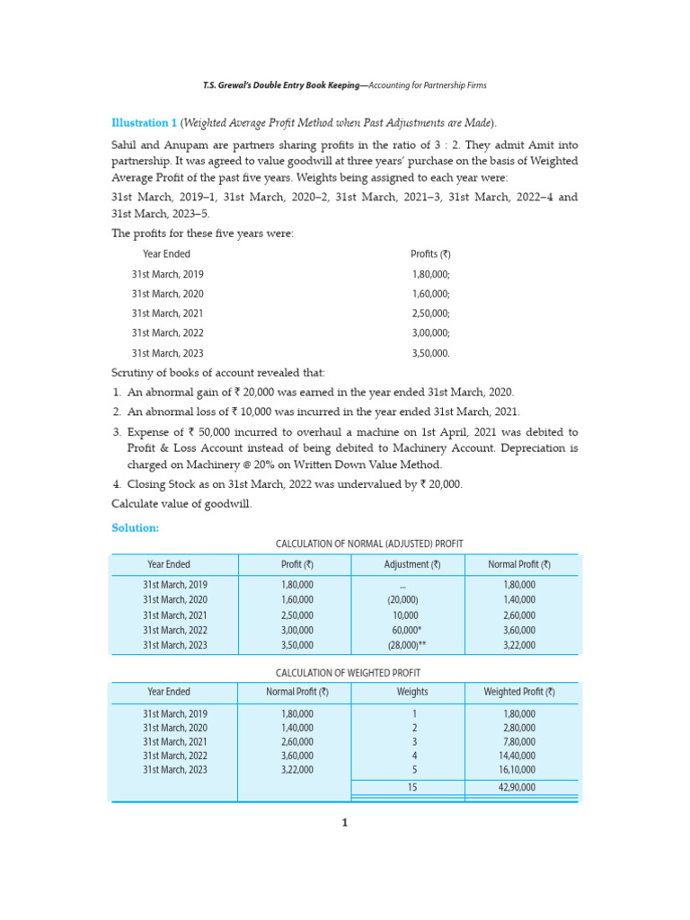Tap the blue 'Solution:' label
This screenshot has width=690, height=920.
point(135,527)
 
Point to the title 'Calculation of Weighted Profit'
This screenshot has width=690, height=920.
point(348,672)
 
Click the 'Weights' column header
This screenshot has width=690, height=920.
point(412,692)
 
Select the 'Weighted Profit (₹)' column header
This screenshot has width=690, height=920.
point(519,692)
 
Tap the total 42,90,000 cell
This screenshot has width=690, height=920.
point(519,787)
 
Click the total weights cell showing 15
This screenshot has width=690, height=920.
point(412,787)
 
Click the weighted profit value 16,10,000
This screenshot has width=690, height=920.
point(519,770)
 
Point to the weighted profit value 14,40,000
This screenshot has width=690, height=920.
point(519,756)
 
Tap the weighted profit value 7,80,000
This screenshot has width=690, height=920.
point(519,742)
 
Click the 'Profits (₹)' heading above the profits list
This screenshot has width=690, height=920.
point(430,254)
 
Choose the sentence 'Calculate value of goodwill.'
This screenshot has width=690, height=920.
point(181,503)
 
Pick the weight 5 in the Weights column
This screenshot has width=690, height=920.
point(413,770)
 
